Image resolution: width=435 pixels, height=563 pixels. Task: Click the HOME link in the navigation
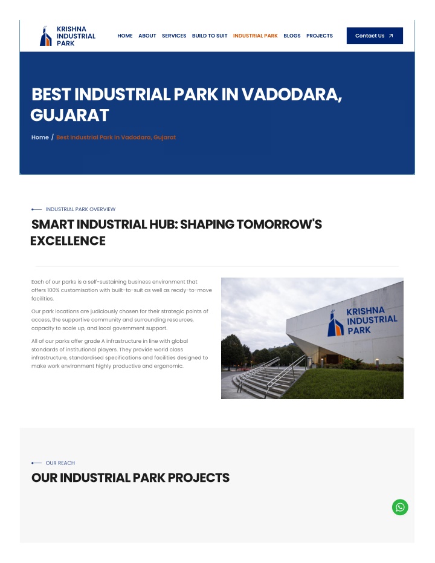click(x=125, y=36)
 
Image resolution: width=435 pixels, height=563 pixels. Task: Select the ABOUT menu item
click(x=147, y=36)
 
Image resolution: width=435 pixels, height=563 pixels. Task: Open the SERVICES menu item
click(x=174, y=36)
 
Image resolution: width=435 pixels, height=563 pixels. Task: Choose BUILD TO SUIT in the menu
click(x=210, y=36)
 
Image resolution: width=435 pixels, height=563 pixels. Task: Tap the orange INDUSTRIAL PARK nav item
click(x=256, y=36)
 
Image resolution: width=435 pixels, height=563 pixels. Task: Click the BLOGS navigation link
click(x=292, y=36)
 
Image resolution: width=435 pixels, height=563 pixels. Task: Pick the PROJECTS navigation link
click(x=320, y=36)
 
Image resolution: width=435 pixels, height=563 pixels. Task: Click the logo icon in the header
click(x=45, y=36)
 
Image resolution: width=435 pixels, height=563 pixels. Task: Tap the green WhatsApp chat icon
click(x=400, y=507)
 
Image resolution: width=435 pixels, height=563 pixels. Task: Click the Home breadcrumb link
click(x=40, y=137)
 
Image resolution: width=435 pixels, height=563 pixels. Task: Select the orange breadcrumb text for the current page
click(x=116, y=137)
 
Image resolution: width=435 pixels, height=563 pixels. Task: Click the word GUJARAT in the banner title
click(x=69, y=116)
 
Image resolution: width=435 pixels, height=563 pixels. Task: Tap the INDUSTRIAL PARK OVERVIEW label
click(x=80, y=209)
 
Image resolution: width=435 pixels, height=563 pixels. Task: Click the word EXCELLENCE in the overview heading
click(x=68, y=241)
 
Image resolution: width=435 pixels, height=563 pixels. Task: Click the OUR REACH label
click(x=60, y=463)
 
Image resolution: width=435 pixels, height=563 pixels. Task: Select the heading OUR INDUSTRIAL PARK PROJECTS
click(x=130, y=478)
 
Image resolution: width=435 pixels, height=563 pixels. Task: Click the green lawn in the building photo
click(x=344, y=384)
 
